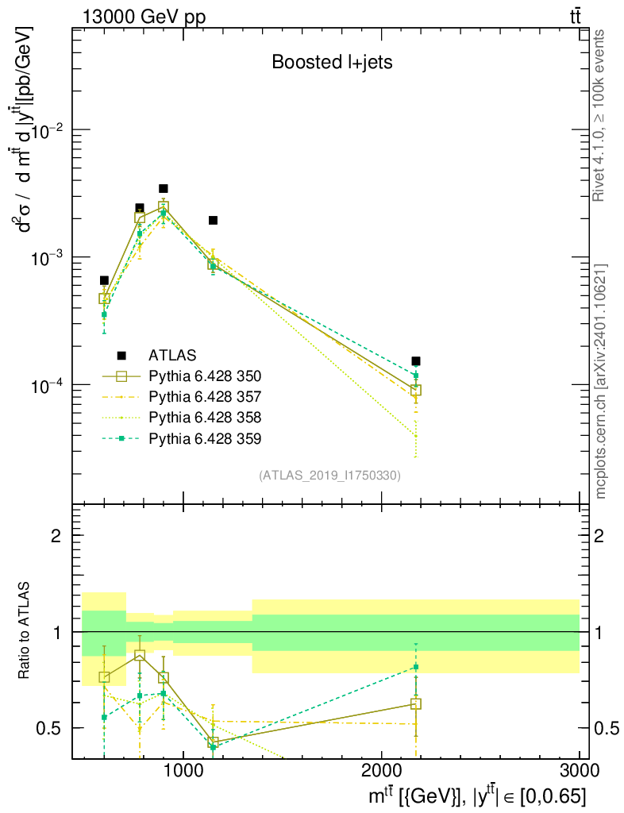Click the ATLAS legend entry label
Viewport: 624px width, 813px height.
coord(172,354)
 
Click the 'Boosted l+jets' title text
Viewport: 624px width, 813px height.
coord(332,63)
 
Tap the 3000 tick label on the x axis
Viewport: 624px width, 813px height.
coord(579,772)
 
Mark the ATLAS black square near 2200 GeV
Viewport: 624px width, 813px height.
coord(416,360)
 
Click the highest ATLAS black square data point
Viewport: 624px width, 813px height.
coord(164,189)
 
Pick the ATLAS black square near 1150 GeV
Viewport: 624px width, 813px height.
coord(213,220)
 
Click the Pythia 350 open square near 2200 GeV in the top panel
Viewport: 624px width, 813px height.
coord(416,390)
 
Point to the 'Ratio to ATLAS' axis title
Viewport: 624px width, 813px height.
coord(25,631)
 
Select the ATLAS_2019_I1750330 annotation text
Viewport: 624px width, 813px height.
coord(329,476)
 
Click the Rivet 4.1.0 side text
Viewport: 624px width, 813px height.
coord(600,115)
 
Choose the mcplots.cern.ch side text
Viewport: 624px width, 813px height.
coord(600,381)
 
